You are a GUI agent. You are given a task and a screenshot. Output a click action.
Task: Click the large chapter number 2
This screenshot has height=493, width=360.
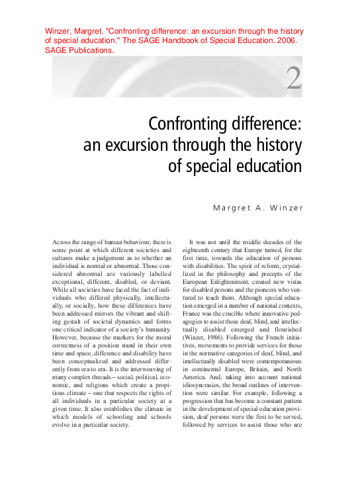[294, 78]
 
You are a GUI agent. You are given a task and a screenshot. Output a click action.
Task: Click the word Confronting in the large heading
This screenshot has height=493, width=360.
[182, 124]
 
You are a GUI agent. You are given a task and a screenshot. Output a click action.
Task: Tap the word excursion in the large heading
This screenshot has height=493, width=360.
[144, 144]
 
